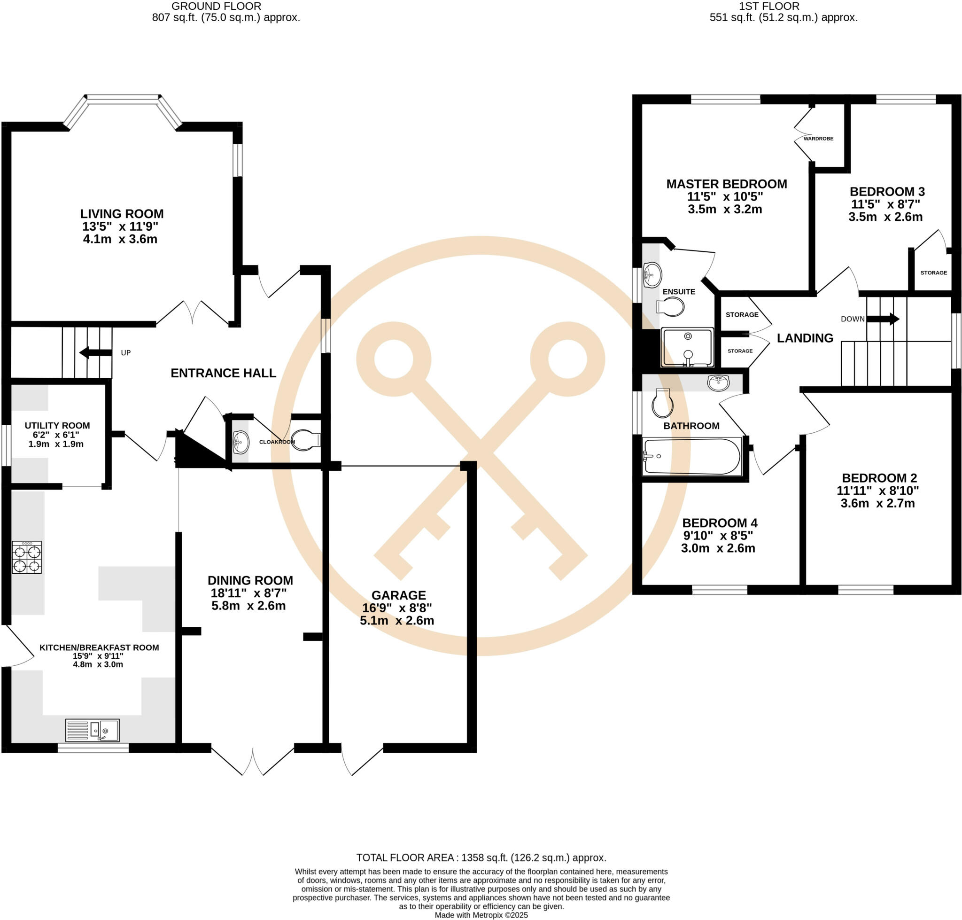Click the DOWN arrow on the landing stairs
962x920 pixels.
click(x=883, y=319)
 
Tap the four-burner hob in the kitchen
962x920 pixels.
click(x=26, y=558)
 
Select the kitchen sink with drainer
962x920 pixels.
click(x=92, y=731)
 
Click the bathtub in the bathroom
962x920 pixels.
click(x=692, y=457)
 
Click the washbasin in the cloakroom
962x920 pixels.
click(x=240, y=441)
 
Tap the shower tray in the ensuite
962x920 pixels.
click(x=687, y=347)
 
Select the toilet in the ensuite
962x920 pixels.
click(x=670, y=307)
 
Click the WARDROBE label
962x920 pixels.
click(x=818, y=139)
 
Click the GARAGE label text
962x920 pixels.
click(x=398, y=595)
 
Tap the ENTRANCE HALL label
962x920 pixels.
click(x=223, y=373)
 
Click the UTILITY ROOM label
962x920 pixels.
click(x=57, y=426)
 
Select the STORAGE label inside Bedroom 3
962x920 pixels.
click(x=933, y=273)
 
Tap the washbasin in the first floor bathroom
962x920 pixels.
click(x=718, y=382)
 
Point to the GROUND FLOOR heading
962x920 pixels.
click(x=216, y=7)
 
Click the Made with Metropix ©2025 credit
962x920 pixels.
click(x=481, y=915)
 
